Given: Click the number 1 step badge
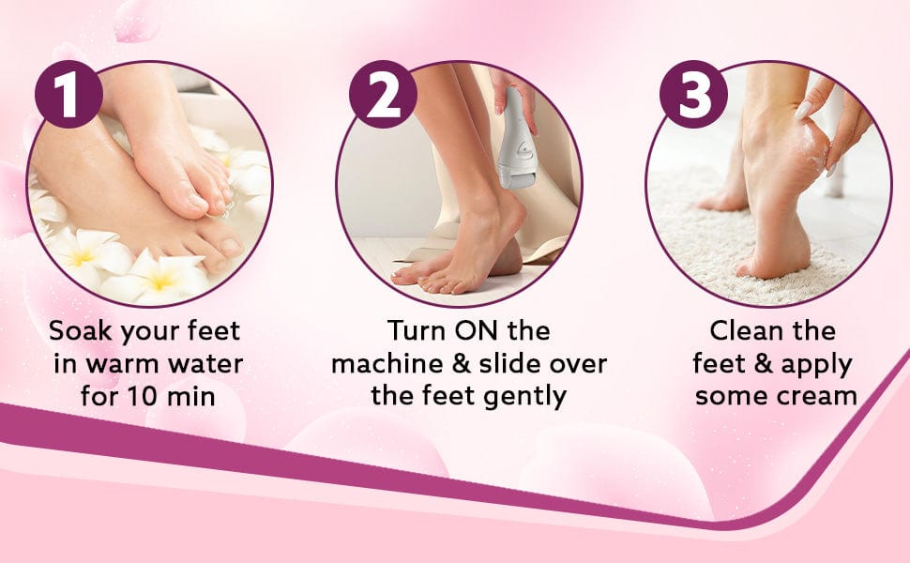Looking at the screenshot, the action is click(68, 94).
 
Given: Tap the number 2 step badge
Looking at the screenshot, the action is click(383, 94).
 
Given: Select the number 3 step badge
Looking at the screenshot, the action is click(694, 94).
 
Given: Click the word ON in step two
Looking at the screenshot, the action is click(477, 331).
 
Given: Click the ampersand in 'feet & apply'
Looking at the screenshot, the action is click(764, 364).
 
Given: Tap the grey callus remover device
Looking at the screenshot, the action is click(517, 138).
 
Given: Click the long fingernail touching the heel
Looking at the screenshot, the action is click(804, 109).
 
